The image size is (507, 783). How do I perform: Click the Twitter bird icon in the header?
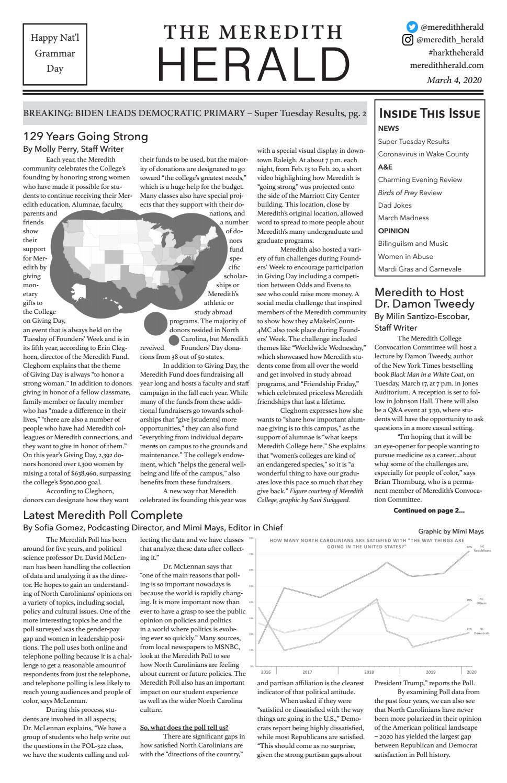(x=413, y=27)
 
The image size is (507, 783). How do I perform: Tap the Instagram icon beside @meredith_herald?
(x=408, y=40)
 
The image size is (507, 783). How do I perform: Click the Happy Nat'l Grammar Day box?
(x=55, y=53)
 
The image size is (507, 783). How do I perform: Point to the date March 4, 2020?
(x=454, y=80)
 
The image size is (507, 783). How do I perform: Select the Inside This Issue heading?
(x=429, y=114)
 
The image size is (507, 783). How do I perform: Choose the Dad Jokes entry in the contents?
(x=395, y=205)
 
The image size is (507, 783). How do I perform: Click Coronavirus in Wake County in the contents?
(x=423, y=154)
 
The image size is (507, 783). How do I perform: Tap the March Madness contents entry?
(x=403, y=218)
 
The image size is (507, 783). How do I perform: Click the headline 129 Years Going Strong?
(x=85, y=137)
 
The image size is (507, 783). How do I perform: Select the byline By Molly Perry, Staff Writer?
(x=73, y=149)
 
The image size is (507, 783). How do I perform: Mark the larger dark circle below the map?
(x=155, y=323)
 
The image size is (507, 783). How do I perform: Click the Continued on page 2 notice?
(x=429, y=510)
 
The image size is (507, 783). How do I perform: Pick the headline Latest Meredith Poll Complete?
(x=103, y=515)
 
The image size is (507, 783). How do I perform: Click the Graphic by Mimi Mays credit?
(x=451, y=531)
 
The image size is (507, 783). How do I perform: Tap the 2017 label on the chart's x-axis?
(x=307, y=672)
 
